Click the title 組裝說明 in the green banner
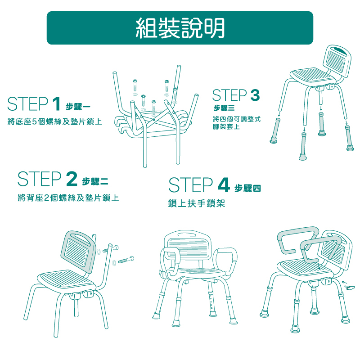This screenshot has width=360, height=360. tap(180, 28)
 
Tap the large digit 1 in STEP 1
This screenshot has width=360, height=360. tap(56, 104)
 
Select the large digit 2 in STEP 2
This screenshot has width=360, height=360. tap(72, 179)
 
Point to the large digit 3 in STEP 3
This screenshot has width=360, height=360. tap(255, 95)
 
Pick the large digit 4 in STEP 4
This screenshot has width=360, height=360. tap(224, 185)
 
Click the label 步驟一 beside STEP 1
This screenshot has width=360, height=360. tap(78, 107)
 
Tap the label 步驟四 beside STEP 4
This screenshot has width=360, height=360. tap(247, 188)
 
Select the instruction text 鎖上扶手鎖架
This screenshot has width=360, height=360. tap(196, 203)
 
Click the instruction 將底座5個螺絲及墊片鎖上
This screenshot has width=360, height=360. tap(54, 121)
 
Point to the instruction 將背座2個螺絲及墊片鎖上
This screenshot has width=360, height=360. tap(68, 198)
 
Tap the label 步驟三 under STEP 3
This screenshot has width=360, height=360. tap(224, 108)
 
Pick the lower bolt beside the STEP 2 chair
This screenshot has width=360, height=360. tap(126, 260)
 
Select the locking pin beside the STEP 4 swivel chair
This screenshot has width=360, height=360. tap(350, 287)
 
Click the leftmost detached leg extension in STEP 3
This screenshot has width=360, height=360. tap(275, 130)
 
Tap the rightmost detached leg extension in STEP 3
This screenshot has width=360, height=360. tap(349, 138)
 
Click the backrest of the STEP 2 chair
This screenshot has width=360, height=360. tap(78, 251)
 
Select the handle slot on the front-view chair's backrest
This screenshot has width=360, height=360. tap(187, 234)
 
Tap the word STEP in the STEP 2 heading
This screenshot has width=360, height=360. tap(40, 179)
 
